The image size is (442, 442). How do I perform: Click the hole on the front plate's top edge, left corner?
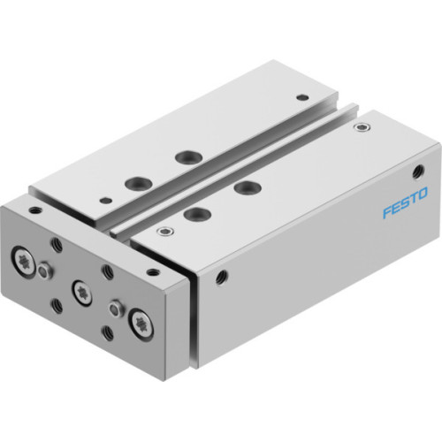[35, 211]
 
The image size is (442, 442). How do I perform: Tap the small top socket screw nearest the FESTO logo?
[359, 129]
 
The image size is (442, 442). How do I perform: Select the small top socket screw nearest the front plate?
[163, 232]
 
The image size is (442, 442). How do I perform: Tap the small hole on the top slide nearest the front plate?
[103, 199]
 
